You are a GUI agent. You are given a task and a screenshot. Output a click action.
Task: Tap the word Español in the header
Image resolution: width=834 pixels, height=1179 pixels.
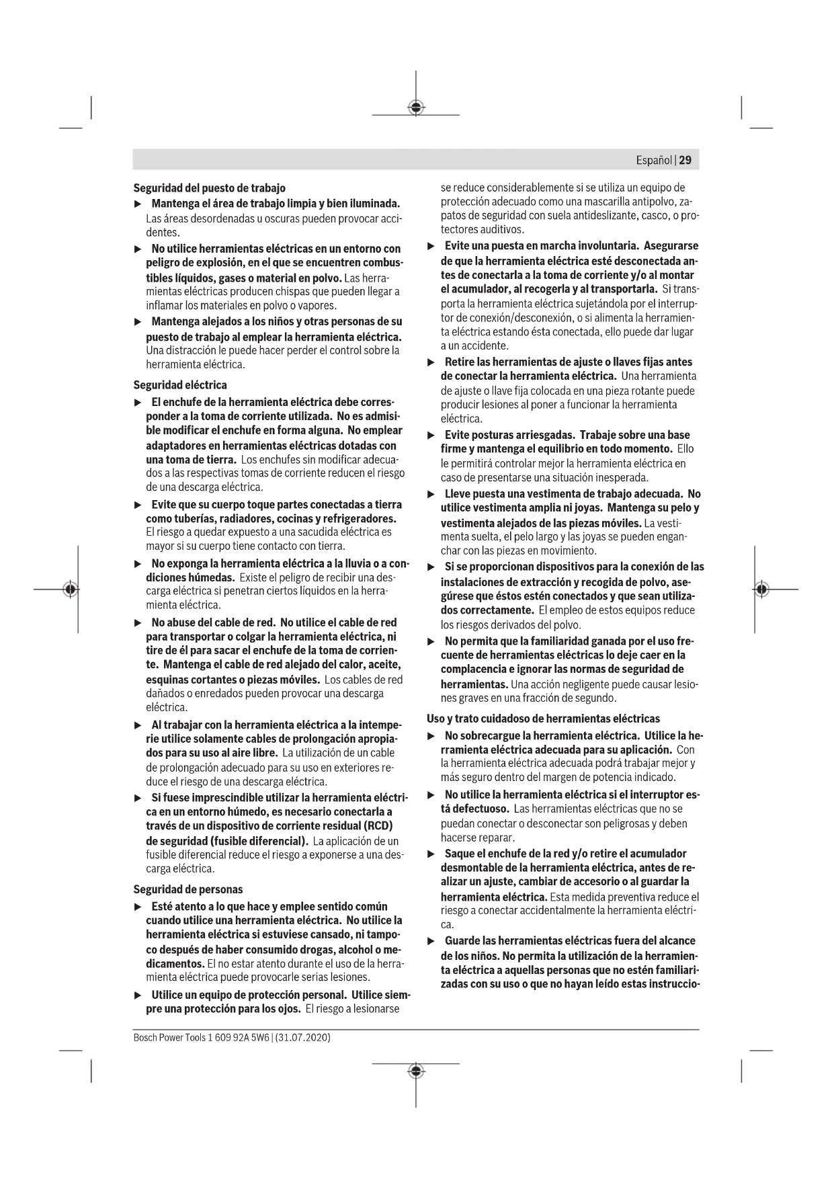[654, 161]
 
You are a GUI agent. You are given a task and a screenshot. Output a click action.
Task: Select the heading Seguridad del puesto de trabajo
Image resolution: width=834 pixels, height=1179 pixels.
[209, 188]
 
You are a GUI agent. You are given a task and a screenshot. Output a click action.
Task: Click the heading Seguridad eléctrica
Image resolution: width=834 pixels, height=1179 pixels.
[180, 385]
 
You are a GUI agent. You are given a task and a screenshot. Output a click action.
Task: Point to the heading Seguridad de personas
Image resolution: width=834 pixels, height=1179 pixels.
[188, 889]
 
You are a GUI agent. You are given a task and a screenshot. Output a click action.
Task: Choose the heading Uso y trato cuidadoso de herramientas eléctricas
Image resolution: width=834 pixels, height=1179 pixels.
[543, 719]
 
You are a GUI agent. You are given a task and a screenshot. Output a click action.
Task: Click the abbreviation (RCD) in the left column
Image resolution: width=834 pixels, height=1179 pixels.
[378, 825]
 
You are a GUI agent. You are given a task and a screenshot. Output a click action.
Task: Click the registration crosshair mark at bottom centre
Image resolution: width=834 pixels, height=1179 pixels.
[416, 1071]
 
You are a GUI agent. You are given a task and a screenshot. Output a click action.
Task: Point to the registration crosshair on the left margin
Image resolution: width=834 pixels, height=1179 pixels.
[70, 589]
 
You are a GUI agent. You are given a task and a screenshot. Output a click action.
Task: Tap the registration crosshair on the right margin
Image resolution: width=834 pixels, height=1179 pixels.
[761, 589]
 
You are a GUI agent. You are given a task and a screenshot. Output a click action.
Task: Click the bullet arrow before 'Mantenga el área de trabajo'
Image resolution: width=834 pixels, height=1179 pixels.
[138, 204]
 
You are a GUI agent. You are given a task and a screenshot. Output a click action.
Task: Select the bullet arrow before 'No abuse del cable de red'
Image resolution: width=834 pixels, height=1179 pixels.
[138, 623]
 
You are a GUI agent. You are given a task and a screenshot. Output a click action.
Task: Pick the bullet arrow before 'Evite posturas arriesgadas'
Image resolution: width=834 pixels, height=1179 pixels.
[431, 436]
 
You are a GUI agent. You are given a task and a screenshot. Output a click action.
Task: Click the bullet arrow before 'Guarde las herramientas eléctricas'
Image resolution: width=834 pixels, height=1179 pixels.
[431, 941]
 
